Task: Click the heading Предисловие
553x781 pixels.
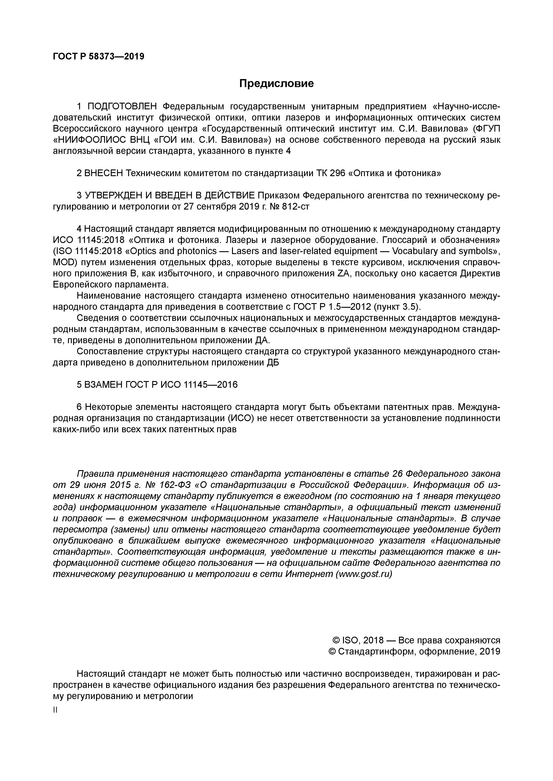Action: click(276, 83)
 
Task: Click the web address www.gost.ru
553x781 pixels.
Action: click(364, 574)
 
